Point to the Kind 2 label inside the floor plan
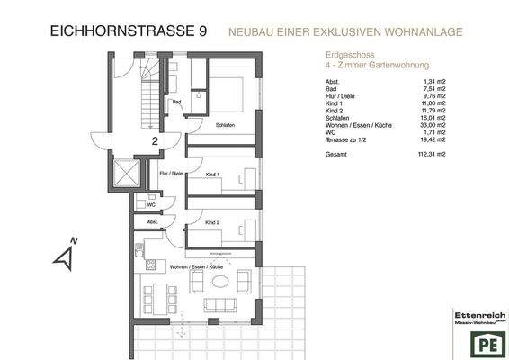point(212,221)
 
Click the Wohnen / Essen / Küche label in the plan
point(195,267)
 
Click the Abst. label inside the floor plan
point(153,221)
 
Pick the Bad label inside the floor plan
point(177,102)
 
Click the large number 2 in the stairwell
point(155,140)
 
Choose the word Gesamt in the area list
point(335,154)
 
